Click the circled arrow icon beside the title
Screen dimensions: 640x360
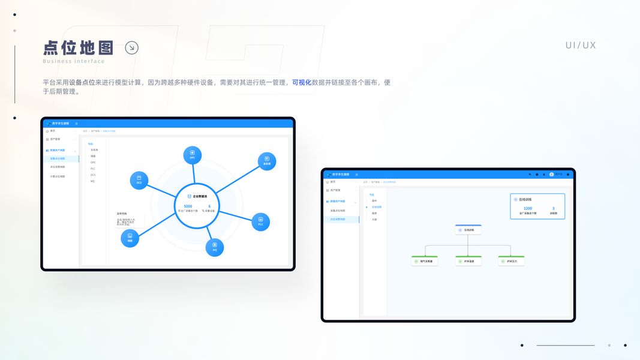pos(131,48)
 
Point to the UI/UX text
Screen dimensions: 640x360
pos(581,45)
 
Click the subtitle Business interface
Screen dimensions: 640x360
pos(74,61)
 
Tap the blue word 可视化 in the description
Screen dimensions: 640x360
pos(302,83)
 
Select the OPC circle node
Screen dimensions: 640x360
pos(193,155)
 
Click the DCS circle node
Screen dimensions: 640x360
pos(139,181)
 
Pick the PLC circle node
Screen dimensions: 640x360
pos(260,221)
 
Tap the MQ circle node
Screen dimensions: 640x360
pos(215,247)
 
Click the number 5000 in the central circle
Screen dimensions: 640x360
pos(188,206)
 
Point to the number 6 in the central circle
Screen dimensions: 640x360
pos(209,206)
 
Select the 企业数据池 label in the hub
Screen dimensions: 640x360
pos(197,196)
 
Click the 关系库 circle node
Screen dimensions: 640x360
pos(267,161)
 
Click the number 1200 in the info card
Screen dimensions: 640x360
pos(528,208)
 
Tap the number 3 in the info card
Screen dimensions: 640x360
pos(553,208)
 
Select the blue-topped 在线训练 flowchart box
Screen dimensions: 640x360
pos(468,230)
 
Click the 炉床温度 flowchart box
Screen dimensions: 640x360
pos(468,261)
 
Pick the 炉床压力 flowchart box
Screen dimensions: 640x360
pos(511,261)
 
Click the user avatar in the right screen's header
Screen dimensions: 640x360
pos(552,175)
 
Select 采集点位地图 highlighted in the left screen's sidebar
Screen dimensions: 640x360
pos(61,158)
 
